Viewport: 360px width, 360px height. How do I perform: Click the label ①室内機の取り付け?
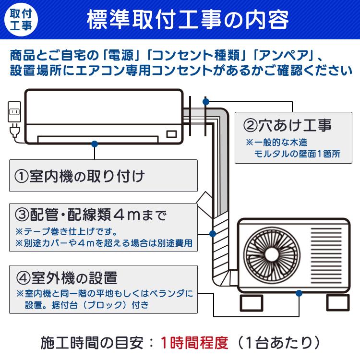[x=80, y=176]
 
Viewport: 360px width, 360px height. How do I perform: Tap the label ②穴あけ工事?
[x=287, y=126]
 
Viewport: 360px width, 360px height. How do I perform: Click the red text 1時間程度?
[x=194, y=343]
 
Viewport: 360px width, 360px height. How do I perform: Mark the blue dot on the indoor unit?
[x=95, y=143]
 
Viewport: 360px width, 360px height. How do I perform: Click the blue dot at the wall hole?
[x=206, y=102]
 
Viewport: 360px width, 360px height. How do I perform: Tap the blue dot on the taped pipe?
[x=212, y=234]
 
